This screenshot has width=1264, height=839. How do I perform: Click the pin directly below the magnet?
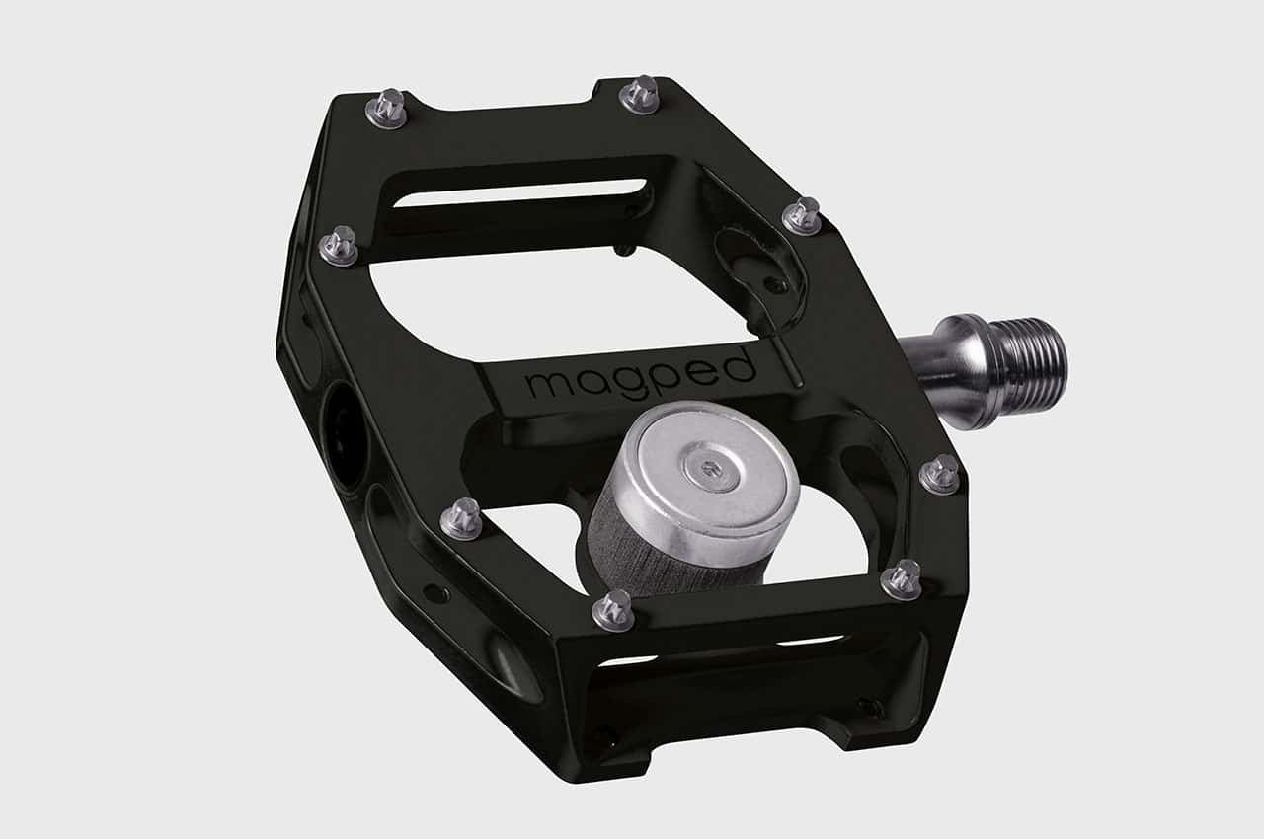click(x=612, y=610)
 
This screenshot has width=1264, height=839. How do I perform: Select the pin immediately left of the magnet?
click(x=460, y=518)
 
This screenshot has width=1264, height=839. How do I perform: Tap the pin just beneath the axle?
click(x=939, y=474)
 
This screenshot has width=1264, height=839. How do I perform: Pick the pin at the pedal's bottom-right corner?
click(x=901, y=578)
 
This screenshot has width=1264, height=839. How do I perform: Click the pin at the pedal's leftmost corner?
click(x=339, y=245)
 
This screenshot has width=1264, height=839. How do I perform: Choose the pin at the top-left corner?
click(x=386, y=109)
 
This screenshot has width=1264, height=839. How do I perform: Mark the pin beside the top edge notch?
click(x=640, y=95)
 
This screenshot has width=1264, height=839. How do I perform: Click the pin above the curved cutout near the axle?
click(x=802, y=215)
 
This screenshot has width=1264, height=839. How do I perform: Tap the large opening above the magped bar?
click(x=553, y=296)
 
